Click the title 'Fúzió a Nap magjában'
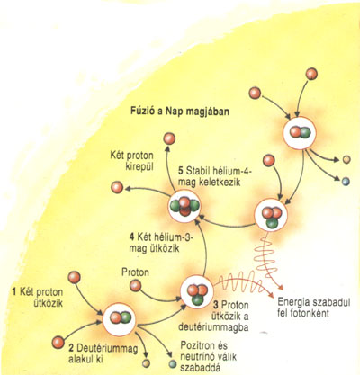(180, 112)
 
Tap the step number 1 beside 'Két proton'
(14, 291)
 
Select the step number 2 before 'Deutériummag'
(71, 348)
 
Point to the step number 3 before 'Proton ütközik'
(216, 306)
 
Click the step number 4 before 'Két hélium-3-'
(132, 237)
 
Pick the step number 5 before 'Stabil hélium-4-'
(180, 171)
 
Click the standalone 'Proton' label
(135, 272)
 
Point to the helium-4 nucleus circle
(184, 206)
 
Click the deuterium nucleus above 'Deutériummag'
(120, 318)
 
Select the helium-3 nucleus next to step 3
(197, 292)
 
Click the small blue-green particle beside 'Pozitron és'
(172, 363)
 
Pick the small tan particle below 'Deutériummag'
(146, 363)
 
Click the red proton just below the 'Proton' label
(135, 286)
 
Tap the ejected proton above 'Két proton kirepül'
(169, 139)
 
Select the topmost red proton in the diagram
(311, 74)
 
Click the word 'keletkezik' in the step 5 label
(219, 182)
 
